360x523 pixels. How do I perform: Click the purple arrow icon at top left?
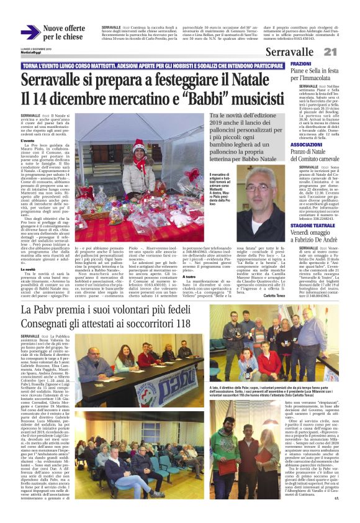(30, 32)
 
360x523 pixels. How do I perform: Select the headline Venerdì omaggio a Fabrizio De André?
(320, 222)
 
